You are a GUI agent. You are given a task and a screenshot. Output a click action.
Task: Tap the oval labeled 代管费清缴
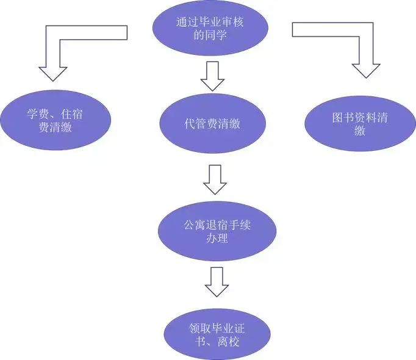[212, 124]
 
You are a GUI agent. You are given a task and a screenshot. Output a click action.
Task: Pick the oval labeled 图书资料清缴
[360, 124]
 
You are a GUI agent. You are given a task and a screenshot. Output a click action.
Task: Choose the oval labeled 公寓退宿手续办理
[217, 231]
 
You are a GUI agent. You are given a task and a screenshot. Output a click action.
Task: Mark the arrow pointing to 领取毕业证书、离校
[216, 282]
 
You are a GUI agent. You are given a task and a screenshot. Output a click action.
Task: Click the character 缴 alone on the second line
[360, 131]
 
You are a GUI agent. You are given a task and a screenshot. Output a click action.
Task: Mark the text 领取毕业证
[217, 328]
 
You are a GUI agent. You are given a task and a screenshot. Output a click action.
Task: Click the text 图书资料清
[360, 117]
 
